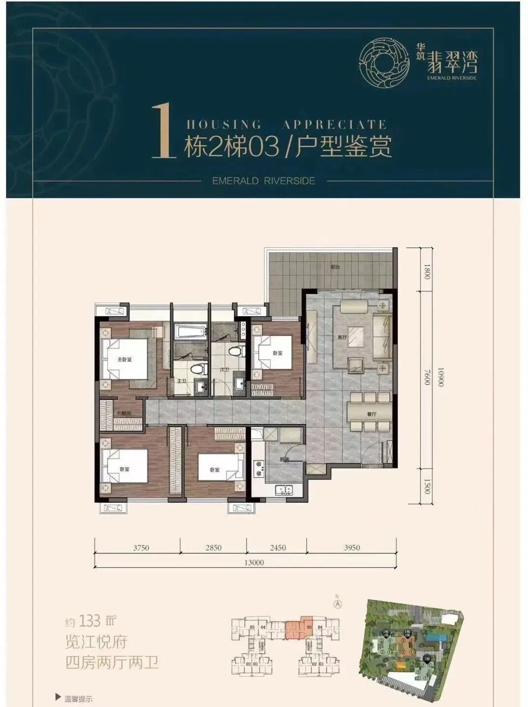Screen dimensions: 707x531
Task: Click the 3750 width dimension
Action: click(x=140, y=547)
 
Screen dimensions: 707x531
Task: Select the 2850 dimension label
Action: click(x=214, y=547)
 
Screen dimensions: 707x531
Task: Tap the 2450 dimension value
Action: click(x=277, y=547)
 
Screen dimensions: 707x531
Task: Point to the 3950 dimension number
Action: click(x=352, y=547)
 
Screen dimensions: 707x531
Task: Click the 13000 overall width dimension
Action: click(x=254, y=563)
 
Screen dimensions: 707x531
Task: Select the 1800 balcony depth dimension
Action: click(x=427, y=270)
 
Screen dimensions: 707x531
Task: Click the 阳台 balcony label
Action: click(x=336, y=267)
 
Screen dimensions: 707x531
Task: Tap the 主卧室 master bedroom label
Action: click(x=124, y=360)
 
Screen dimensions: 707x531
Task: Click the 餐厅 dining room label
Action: click(x=372, y=414)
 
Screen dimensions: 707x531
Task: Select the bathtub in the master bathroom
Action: click(x=189, y=332)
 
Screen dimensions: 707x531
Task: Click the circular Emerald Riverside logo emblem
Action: click(x=384, y=62)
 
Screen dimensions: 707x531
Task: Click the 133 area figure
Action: click(x=90, y=621)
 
